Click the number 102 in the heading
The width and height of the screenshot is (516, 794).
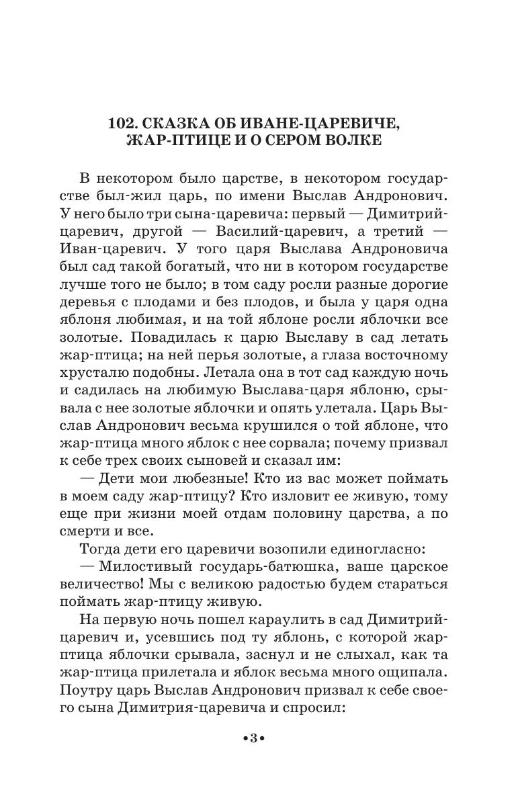[124, 124]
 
